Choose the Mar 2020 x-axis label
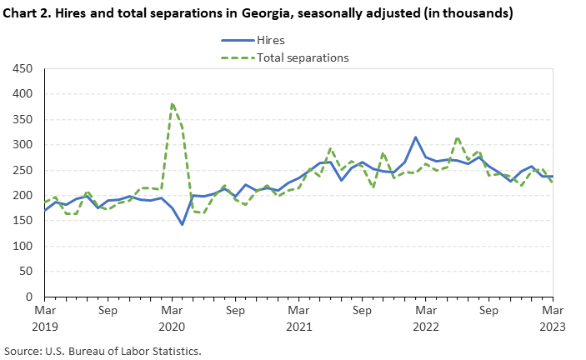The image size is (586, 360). [x=172, y=317]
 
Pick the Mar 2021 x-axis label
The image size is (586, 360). [x=299, y=317]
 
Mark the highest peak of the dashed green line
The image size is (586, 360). [x=172, y=104]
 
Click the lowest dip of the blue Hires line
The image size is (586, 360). [x=183, y=224]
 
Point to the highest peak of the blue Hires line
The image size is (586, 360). [x=416, y=137]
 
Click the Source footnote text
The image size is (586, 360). [x=103, y=351]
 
